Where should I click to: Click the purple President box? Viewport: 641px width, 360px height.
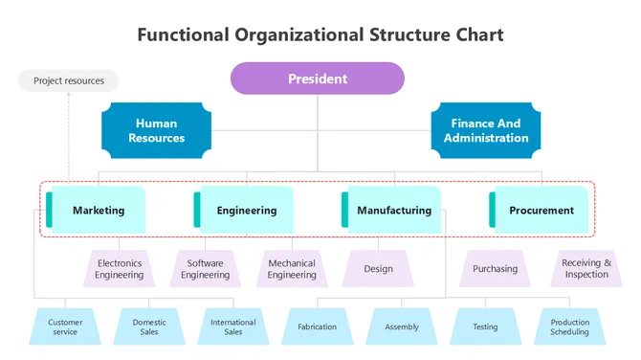pyautogui.click(x=318, y=79)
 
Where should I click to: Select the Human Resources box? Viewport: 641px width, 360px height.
pyautogui.click(x=156, y=130)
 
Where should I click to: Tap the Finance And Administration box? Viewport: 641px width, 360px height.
pyautogui.click(x=485, y=130)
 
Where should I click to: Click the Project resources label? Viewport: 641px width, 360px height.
pyautogui.click(x=69, y=81)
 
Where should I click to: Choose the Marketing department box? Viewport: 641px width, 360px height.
pyautogui.click(x=97, y=210)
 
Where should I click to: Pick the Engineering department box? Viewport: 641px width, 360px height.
pyautogui.click(x=244, y=210)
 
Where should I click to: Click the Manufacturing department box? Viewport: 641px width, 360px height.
pyautogui.click(x=392, y=210)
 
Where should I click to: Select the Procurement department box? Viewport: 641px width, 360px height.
pyautogui.click(x=540, y=210)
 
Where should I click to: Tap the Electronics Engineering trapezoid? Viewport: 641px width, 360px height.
pyautogui.click(x=120, y=269)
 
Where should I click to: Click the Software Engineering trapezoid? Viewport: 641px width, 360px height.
pyautogui.click(x=206, y=269)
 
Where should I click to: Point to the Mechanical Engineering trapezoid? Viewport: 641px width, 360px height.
pyautogui.click(x=292, y=269)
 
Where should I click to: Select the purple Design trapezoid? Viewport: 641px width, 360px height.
pyautogui.click(x=378, y=269)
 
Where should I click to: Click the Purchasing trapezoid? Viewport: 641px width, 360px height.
pyautogui.click(x=495, y=269)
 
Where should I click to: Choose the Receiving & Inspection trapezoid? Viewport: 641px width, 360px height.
pyautogui.click(x=586, y=269)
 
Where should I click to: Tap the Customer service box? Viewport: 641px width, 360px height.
pyautogui.click(x=65, y=327)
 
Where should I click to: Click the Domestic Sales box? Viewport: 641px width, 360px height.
pyautogui.click(x=149, y=327)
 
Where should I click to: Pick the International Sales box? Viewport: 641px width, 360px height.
pyautogui.click(x=233, y=327)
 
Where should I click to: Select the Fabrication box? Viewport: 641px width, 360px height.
pyautogui.click(x=317, y=327)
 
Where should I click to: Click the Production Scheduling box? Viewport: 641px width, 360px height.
pyautogui.click(x=569, y=327)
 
